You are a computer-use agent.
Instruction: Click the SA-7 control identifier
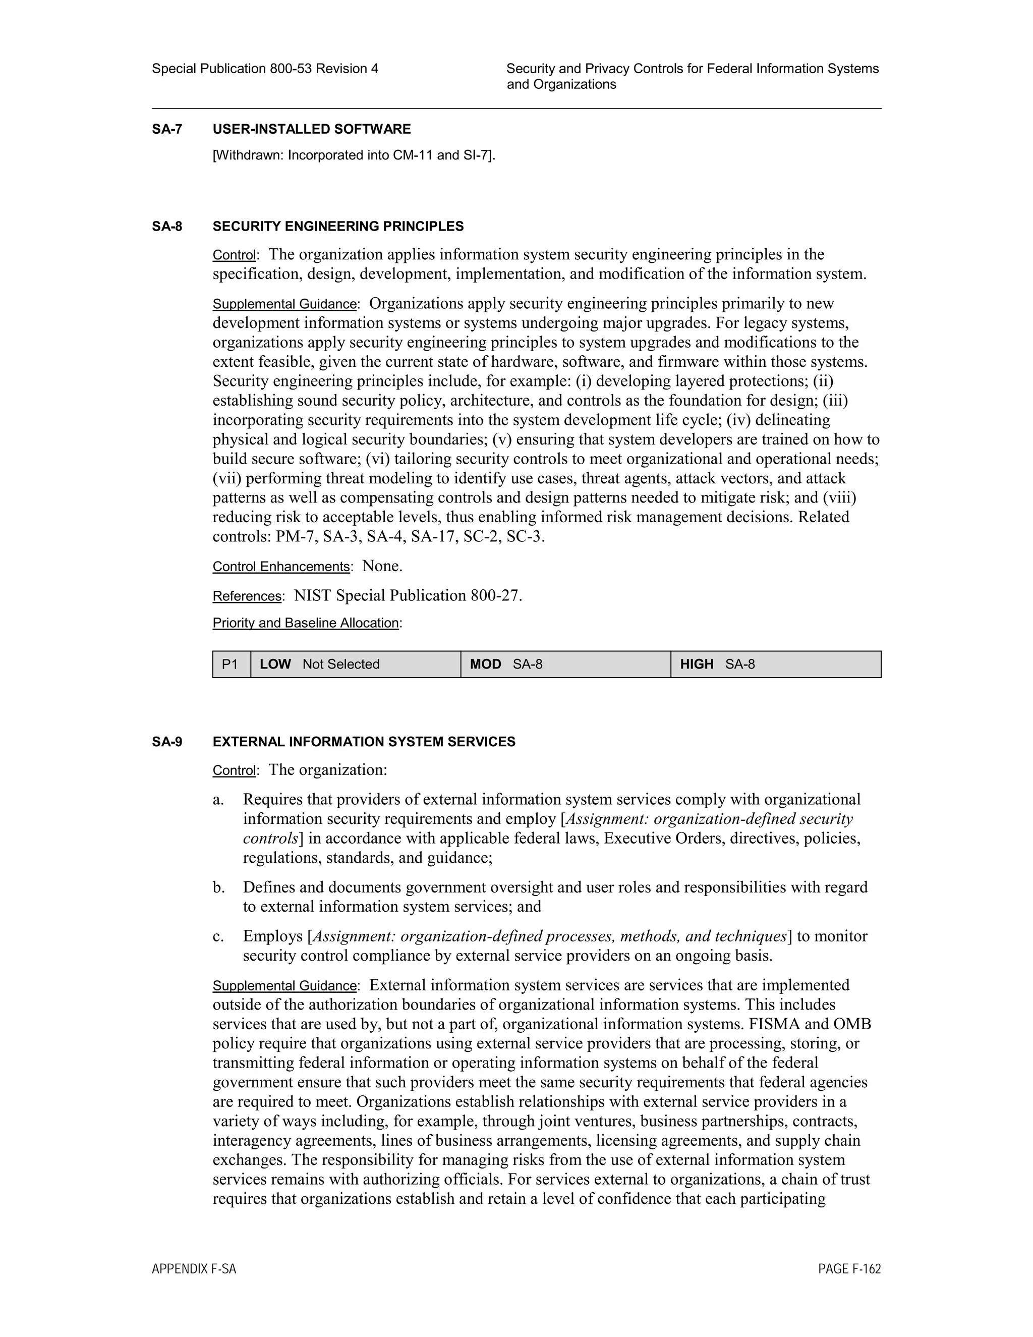pyautogui.click(x=166, y=129)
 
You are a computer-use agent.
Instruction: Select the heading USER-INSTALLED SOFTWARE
pyautogui.click(x=312, y=129)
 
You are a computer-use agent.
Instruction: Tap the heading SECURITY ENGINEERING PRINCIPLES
pyautogui.click(x=338, y=227)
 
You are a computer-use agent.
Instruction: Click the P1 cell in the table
pyautogui.click(x=231, y=664)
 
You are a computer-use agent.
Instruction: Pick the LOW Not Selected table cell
pyautogui.click(x=355, y=664)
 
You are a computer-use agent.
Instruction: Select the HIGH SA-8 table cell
pyautogui.click(x=775, y=664)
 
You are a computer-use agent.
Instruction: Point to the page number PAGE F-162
pyautogui.click(x=849, y=1269)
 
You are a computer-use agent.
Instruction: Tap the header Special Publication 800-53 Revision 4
pyautogui.click(x=265, y=69)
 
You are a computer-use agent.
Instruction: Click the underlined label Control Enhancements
pyautogui.click(x=281, y=567)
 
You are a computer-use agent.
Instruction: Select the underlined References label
pyautogui.click(x=247, y=596)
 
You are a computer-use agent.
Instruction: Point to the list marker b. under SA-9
pyautogui.click(x=218, y=887)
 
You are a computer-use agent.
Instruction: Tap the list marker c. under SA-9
pyautogui.click(x=218, y=936)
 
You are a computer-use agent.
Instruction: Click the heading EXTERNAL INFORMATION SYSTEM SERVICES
pyautogui.click(x=364, y=742)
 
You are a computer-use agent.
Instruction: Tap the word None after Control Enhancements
pyautogui.click(x=382, y=566)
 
